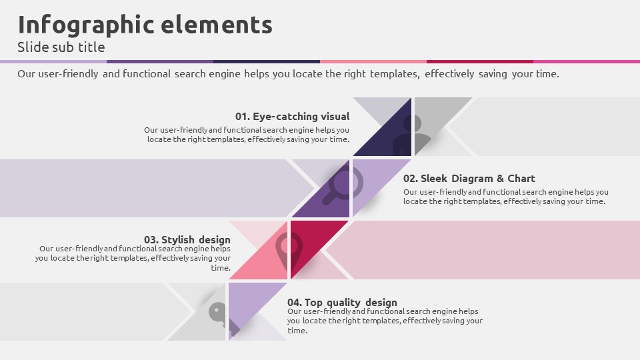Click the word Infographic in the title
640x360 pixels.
[x=86, y=25]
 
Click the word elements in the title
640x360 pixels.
[x=217, y=25]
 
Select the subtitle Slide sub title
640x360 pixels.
[x=61, y=47]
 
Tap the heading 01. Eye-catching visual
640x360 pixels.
[x=292, y=116]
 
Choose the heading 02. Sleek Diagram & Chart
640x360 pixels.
[x=469, y=179]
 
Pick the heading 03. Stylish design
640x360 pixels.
[x=187, y=239]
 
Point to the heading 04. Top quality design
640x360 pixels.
[x=342, y=303]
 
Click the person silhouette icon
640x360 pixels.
[x=411, y=135]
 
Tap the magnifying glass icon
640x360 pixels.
[x=343, y=185]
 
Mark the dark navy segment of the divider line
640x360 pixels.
[x=267, y=61]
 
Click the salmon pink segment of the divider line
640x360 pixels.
[x=373, y=61]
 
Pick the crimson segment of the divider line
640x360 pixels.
[x=480, y=61]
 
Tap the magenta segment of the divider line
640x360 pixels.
[x=587, y=61]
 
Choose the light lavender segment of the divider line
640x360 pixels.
[x=53, y=61]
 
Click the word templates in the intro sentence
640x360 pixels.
[x=395, y=74]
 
